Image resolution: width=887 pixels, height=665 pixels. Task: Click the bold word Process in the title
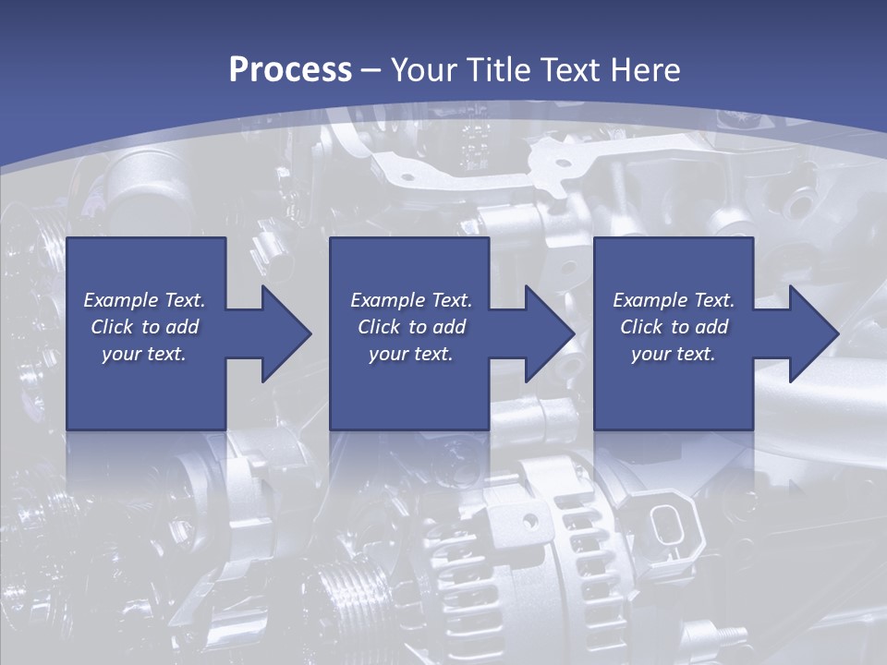290,70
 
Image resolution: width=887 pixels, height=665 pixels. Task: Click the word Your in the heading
423,70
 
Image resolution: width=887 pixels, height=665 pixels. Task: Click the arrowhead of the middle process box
549,333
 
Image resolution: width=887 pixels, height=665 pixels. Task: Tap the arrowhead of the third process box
813,333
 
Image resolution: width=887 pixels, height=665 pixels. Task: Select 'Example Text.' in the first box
144,300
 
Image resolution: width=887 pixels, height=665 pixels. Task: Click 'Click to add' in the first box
144,327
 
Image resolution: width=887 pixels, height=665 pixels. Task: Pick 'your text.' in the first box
144,354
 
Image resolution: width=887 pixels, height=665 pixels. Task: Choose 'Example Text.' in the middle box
410,300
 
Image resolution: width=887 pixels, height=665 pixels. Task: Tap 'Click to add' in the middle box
410,327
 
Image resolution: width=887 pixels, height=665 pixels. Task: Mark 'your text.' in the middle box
410,354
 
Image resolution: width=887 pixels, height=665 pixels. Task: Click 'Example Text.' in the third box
674,300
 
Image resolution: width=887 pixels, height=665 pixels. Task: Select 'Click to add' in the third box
674,327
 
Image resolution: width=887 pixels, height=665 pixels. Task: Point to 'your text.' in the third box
674,354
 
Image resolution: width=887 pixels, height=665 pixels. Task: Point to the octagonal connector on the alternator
666,526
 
